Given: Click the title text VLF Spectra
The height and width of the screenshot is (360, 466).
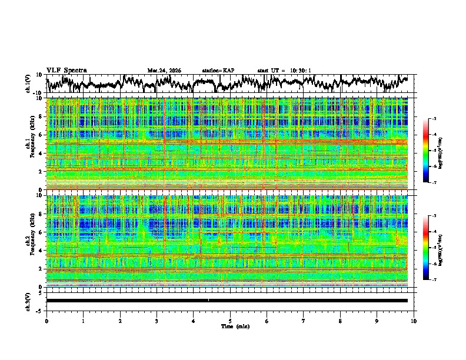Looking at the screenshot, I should click(x=66, y=70).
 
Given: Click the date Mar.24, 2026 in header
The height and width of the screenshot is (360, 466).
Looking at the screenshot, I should click(x=164, y=71).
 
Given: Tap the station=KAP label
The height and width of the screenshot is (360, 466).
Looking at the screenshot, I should click(x=218, y=71).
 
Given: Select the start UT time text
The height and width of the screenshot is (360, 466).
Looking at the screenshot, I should click(x=284, y=71).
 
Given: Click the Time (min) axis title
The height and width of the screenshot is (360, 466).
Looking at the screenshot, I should click(x=235, y=326).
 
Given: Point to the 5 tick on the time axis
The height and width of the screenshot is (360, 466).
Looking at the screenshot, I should click(x=230, y=321).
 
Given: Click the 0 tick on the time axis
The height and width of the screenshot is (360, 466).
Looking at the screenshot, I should click(x=46, y=321).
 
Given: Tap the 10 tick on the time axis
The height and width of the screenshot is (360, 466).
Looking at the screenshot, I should click(x=414, y=321).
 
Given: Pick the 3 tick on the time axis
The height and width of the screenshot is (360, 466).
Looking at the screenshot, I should click(x=157, y=321).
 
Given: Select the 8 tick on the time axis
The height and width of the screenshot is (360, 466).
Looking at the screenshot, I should click(x=340, y=321).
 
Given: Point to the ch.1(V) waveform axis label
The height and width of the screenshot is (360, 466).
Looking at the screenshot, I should click(x=28, y=84).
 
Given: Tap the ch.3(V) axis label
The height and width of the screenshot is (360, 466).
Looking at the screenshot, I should click(x=28, y=300).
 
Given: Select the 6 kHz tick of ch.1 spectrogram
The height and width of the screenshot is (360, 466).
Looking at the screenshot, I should click(x=41, y=135).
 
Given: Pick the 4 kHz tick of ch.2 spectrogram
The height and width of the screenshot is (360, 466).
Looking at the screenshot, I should click(x=41, y=251).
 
